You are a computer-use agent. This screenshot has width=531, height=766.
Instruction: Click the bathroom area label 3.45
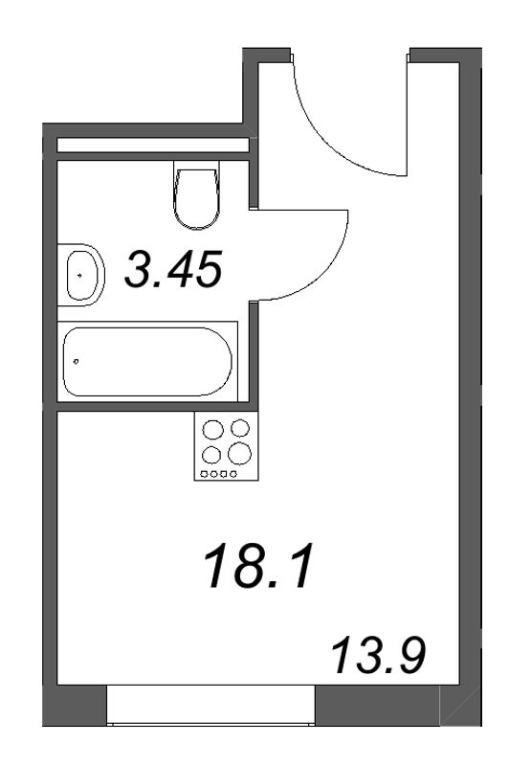pos(173,268)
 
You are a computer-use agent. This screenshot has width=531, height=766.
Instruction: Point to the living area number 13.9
pos(379,656)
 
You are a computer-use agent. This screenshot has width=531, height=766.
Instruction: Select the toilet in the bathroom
pos(196,194)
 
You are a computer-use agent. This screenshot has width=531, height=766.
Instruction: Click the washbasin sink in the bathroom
pos(81,275)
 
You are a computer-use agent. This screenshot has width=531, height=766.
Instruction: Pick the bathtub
pos(147,362)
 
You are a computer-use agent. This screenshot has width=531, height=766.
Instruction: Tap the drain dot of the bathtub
pos(76,362)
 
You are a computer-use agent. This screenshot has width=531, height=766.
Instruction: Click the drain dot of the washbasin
pos(79,275)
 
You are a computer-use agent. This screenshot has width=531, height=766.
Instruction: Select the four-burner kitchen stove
pos(226,445)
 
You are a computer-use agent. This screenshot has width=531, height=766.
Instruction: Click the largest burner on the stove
pos(239,454)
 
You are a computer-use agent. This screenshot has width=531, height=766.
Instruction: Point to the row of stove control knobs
pos(219,474)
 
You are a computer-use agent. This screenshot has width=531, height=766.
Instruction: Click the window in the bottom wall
pos(210,705)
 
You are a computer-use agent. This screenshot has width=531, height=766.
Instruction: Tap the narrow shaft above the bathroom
pos(153,146)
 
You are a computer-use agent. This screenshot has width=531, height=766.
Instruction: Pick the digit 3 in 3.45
pos(138,268)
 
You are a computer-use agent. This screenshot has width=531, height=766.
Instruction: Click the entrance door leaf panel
pos(408,115)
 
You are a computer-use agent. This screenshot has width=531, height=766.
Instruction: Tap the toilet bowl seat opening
pos(196,192)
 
